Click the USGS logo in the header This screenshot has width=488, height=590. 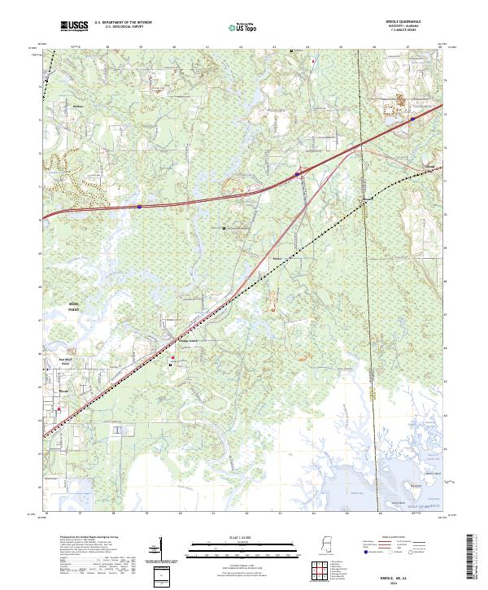(74, 26)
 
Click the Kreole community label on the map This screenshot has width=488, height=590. (64, 391)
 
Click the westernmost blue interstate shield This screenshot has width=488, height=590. (139, 207)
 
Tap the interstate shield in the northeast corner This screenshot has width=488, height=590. (412, 119)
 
